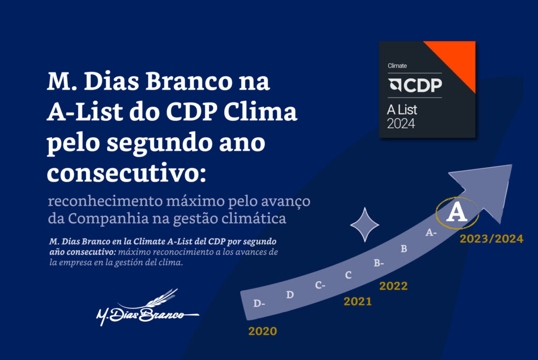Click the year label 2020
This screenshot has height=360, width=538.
pyautogui.click(x=263, y=331)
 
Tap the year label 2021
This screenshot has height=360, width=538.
pyautogui.click(x=357, y=301)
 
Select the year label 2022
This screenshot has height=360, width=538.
pyautogui.click(x=393, y=286)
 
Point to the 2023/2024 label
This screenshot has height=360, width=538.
pyautogui.click(x=491, y=239)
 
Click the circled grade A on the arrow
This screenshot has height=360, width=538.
pyautogui.click(x=457, y=213)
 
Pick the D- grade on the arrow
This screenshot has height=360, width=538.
pyautogui.click(x=259, y=303)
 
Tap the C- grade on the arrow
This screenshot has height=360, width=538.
pyautogui.click(x=320, y=285)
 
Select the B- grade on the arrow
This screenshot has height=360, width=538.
pyautogui.click(x=379, y=263)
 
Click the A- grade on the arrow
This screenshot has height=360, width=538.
pyautogui.click(x=431, y=233)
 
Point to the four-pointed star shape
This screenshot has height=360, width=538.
pyautogui.click(x=365, y=225)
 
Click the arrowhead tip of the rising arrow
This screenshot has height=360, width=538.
pyautogui.click(x=512, y=165)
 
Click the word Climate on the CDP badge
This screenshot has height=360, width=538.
pyautogui.click(x=397, y=66)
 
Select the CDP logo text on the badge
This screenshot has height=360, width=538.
pyautogui.click(x=415, y=85)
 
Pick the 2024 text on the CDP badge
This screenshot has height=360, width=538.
pyautogui.click(x=401, y=124)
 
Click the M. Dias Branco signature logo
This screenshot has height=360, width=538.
pyautogui.click(x=148, y=307)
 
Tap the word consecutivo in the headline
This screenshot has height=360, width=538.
pyautogui.click(x=127, y=173)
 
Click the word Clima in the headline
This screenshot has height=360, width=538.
pyautogui.click(x=260, y=112)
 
